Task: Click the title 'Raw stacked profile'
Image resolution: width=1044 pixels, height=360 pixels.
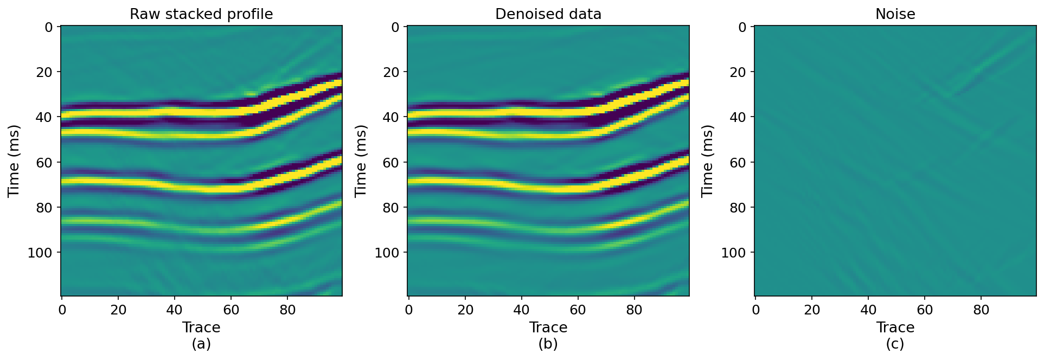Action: pos(201,14)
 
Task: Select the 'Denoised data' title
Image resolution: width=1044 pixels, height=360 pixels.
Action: pos(548,14)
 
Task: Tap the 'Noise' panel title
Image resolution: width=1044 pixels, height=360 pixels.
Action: pos(895,14)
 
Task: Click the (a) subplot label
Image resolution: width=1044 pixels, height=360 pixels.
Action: pos(201,344)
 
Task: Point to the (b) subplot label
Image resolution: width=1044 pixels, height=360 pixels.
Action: pos(548,344)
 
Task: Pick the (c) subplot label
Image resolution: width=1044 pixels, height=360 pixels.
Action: pos(895,344)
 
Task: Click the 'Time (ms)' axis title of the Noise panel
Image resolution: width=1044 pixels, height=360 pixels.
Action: pos(707,161)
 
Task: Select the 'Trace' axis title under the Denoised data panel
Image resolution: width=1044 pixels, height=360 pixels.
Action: pos(548,327)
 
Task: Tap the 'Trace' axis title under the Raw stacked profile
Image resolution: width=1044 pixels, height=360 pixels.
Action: pos(201,327)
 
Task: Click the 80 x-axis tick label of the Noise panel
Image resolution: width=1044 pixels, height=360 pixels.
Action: pos(981,310)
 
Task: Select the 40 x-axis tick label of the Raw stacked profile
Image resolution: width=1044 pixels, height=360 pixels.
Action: pos(175,310)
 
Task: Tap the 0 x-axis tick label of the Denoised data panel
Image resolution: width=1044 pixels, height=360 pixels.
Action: pos(409,310)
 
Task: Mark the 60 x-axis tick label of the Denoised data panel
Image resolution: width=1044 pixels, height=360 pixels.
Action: pos(578,310)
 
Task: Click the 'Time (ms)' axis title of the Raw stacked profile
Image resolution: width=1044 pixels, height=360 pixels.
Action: pos(14,161)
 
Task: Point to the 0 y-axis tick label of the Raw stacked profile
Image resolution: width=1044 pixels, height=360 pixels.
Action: pos(48,27)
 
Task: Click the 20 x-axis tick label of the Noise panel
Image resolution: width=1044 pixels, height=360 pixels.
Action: pos(812,310)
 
